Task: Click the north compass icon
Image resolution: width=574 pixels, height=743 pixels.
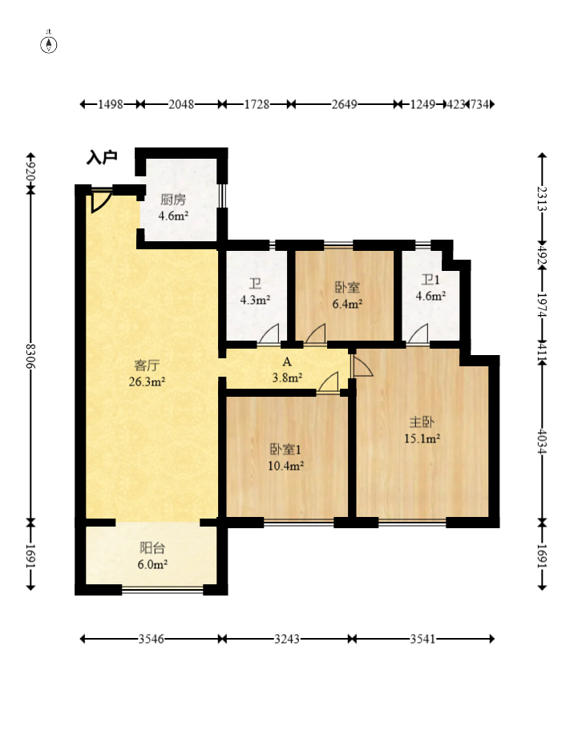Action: pos(48,44)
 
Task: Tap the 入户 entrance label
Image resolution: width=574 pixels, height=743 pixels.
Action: pos(102,157)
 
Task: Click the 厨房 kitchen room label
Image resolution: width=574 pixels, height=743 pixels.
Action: pos(173,200)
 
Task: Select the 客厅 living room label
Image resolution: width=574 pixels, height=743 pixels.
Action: pos(147,365)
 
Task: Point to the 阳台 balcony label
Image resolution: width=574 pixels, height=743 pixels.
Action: pos(152,548)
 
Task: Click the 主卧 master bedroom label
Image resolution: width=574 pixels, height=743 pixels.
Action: pos(422,422)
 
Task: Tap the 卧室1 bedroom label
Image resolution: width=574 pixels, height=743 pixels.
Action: pos(285,449)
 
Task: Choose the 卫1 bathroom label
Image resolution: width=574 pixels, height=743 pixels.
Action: pos(430,280)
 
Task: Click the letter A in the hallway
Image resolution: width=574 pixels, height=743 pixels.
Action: pos(287,362)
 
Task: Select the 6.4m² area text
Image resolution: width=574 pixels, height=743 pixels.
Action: pos(347,304)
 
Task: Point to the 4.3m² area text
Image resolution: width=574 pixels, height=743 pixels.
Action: pos(255,300)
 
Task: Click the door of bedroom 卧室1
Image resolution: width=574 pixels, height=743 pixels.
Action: pos(328,383)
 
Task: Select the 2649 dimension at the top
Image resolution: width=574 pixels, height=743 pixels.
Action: pos(344,104)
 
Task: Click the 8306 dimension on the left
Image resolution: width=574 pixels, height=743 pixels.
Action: pos(30,356)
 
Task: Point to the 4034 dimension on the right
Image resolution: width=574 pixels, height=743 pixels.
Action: pos(543,442)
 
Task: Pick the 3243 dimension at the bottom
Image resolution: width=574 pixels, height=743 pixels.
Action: pos(287,640)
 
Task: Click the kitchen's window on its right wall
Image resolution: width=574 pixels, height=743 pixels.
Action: pos(221,193)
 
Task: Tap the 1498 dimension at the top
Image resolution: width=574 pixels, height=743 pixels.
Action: pos(111,104)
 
